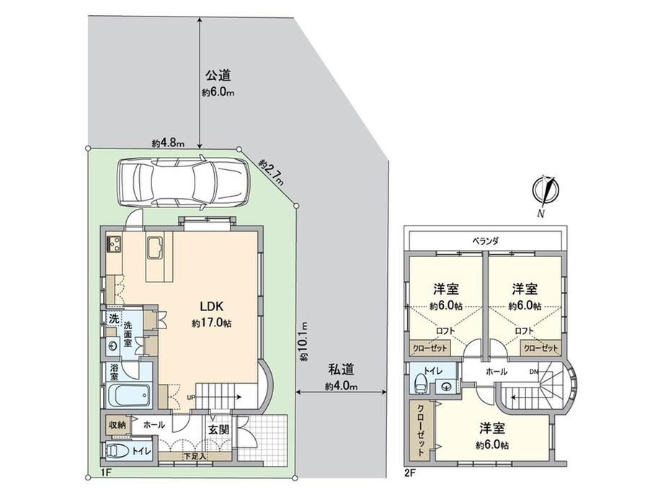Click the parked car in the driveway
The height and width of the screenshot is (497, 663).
tap(183, 182)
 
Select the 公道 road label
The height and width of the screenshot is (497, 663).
tap(218, 76)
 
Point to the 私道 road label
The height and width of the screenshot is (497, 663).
tap(341, 370)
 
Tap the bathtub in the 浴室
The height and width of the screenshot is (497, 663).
tap(127, 395)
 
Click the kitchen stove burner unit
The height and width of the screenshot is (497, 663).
tap(114, 243)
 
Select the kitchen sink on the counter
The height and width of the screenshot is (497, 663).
tap(155, 248)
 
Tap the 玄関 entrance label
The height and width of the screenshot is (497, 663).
tap(218, 430)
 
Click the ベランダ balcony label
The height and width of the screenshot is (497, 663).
tap(486, 241)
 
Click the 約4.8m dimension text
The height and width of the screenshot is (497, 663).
tap(169, 143)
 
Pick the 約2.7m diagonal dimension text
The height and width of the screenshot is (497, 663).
tap(272, 172)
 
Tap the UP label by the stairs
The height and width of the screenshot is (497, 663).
tap(192, 398)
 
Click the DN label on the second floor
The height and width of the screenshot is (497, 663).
tap(534, 372)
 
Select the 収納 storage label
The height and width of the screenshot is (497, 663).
tap(117, 425)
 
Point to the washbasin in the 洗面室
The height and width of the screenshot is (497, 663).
tap(112, 346)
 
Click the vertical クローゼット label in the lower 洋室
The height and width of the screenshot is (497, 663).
tap(421, 431)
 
